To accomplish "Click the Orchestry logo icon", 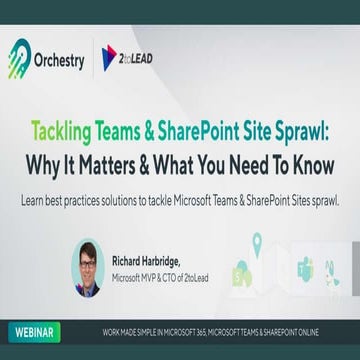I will coord(20,57).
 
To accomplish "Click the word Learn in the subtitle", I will coord(32,198).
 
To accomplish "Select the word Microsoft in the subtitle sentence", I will coord(178,198).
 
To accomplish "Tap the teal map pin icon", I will coord(257,241).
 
